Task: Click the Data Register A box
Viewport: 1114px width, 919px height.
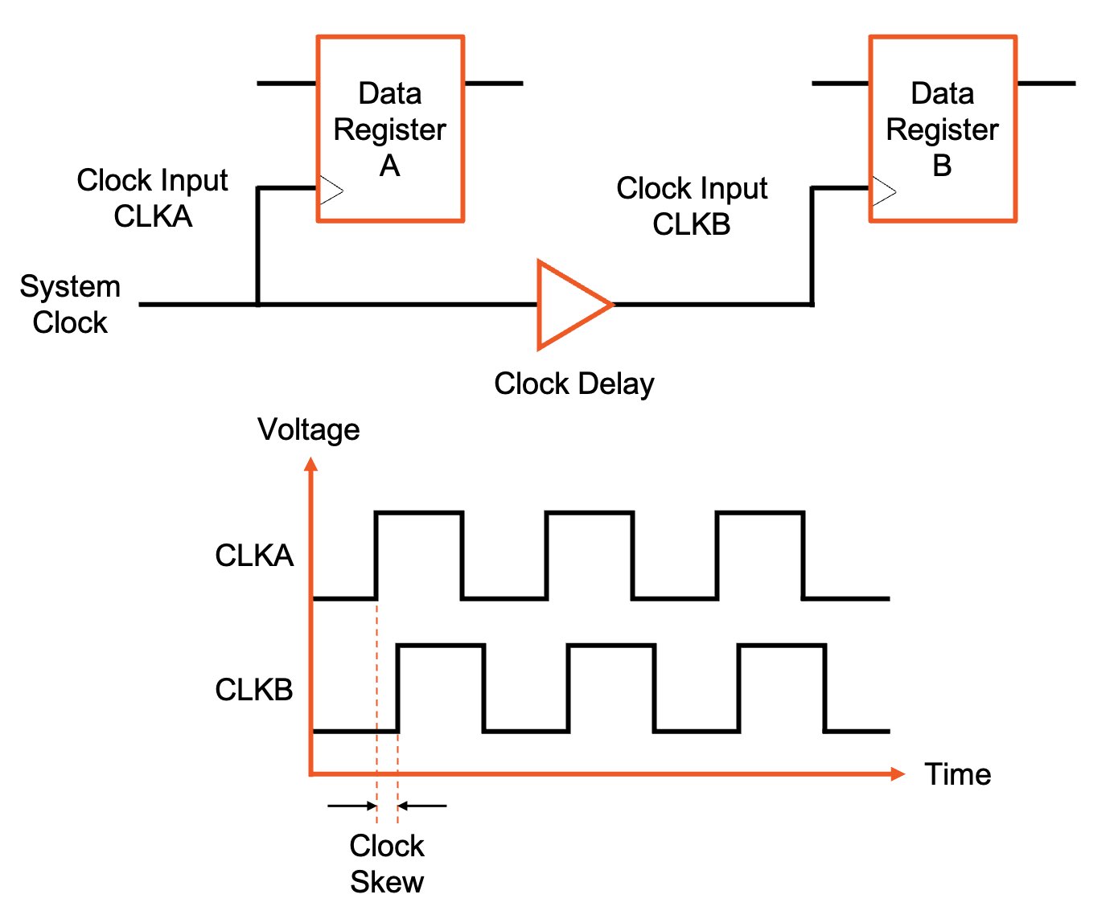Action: [390, 129]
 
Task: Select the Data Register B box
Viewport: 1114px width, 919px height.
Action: [943, 129]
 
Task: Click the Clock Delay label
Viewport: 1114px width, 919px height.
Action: [573, 384]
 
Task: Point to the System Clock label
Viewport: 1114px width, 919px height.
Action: [70, 304]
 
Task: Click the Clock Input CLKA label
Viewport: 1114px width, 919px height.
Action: [152, 198]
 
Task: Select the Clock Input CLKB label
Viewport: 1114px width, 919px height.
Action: [692, 206]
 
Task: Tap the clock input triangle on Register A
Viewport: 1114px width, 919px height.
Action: [331, 191]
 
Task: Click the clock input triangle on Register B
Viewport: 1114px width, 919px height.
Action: [883, 191]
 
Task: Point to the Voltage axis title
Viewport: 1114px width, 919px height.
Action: [308, 429]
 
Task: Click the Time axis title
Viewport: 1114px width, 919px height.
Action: [957, 774]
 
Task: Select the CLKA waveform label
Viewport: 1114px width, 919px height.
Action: [254, 556]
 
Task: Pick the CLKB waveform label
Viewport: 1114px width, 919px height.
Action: [254, 690]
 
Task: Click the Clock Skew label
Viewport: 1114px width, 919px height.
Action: [387, 864]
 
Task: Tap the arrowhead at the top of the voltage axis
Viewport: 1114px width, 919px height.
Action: [311, 464]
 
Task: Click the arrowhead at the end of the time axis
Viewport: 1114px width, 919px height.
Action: [898, 773]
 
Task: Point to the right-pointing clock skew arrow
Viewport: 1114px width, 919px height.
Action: [351, 805]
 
